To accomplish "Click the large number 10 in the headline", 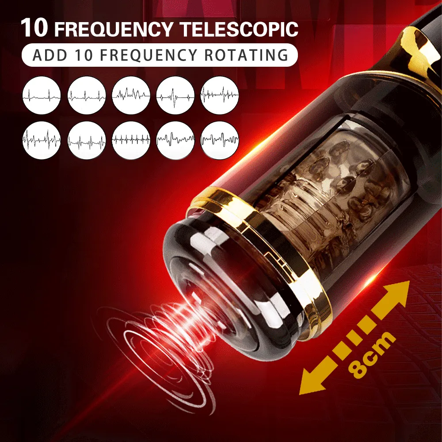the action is tap(34, 28).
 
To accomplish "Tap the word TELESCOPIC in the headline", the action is tap(239, 29).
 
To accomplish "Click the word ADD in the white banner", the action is tap(50, 55).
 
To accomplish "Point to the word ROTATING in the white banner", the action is tap(246, 55).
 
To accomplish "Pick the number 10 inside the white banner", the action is tap(84, 55).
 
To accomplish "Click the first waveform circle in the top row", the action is tap(42, 95).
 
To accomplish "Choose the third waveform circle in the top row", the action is tap(131, 95).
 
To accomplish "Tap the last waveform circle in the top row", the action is tap(220, 95).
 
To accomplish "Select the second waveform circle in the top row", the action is tap(87, 95).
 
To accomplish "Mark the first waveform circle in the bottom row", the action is tap(42, 140).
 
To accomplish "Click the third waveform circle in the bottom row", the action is tap(131, 140).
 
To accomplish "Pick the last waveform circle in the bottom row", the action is tap(220, 140).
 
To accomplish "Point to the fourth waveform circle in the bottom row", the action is tap(175, 140).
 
